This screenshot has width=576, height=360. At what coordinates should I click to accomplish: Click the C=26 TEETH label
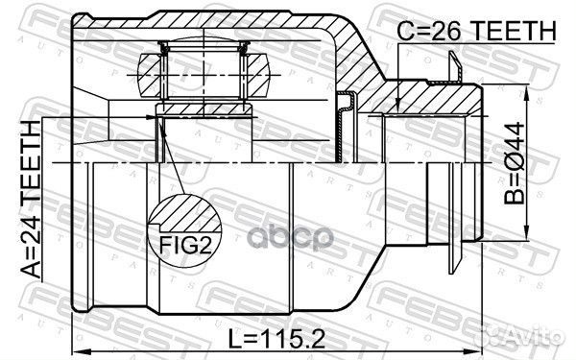pos(477,31)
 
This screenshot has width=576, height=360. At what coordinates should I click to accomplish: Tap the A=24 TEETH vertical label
pos(31,199)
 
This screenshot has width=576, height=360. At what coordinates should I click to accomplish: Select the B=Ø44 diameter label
pos(515,163)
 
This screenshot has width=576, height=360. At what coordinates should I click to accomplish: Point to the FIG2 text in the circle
pos(185,245)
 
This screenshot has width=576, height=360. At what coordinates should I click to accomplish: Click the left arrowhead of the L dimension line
pos(77,351)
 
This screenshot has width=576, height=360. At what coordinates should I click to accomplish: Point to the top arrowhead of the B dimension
pos(527,90)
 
